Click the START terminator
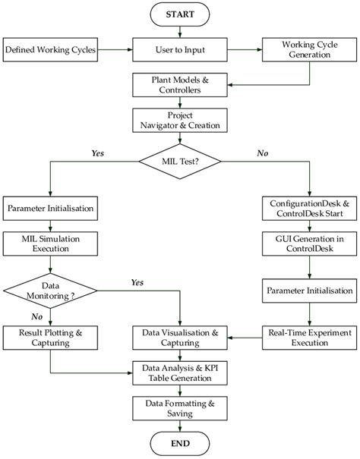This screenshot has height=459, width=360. [x=180, y=14]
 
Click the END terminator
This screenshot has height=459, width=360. [x=180, y=442]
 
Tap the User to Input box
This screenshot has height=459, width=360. [x=180, y=51]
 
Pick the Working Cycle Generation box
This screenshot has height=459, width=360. [x=308, y=51]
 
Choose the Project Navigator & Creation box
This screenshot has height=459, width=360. [x=180, y=121]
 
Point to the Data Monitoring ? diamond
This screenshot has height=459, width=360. [x=50, y=289]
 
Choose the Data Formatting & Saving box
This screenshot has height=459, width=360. [x=180, y=407]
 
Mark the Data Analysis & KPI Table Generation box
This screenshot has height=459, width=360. [x=180, y=373]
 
